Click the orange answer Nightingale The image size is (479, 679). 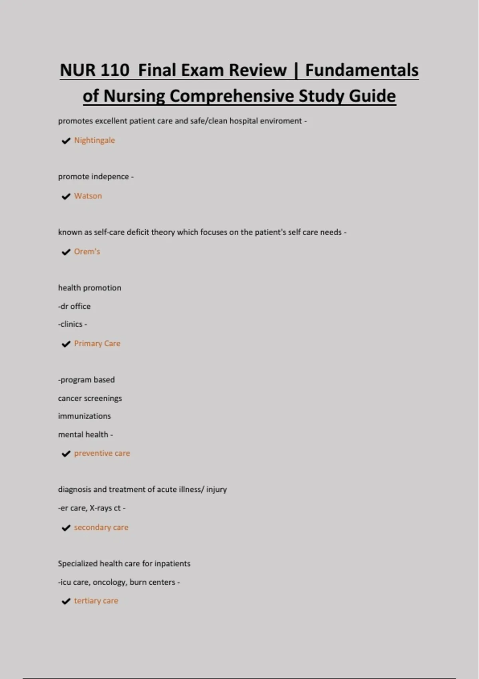94,140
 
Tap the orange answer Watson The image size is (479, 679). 88,196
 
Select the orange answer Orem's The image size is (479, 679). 87,252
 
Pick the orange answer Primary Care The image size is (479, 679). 97,343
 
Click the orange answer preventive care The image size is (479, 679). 102,453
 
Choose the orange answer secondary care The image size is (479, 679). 101,527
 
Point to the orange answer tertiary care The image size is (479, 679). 96,601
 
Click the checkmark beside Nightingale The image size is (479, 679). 66,141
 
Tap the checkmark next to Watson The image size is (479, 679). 66,197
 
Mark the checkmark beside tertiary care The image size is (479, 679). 66,602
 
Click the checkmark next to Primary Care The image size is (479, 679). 66,344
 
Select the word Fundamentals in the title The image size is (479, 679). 362,70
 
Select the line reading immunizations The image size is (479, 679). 84,416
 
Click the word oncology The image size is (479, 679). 109,582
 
